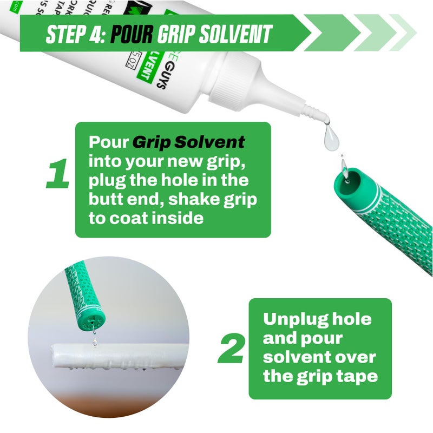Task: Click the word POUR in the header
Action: (x=132, y=34)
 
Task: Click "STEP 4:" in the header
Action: (x=76, y=34)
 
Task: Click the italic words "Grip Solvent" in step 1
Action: (x=189, y=142)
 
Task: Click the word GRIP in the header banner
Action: (x=179, y=34)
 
